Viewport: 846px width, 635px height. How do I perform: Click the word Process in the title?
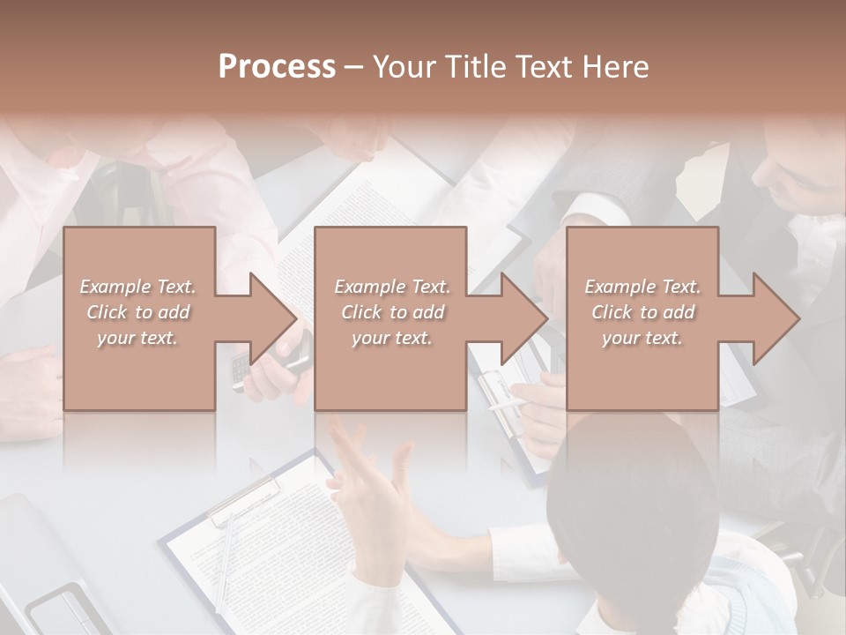click(x=277, y=66)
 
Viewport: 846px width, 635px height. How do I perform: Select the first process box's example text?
click(x=137, y=311)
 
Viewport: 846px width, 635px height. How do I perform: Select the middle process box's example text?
click(x=392, y=311)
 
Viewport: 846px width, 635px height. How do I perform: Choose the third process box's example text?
click(x=642, y=311)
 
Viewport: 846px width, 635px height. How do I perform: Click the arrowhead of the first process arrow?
click(x=272, y=318)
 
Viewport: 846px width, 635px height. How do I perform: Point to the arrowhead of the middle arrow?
click(x=523, y=318)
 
